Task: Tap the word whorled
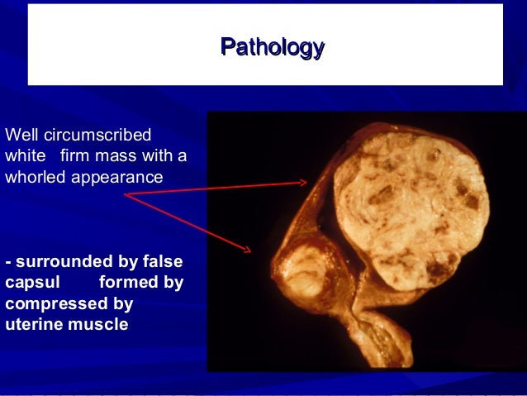point(36,177)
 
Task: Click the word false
point(163,262)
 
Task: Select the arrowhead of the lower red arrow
point(249,249)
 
